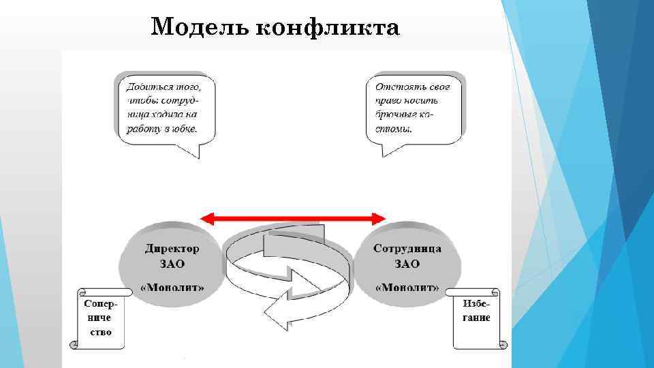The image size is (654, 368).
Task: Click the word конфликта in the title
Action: point(327,28)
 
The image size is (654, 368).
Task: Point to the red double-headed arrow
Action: point(293,218)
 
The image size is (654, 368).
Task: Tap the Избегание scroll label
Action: point(476,311)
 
